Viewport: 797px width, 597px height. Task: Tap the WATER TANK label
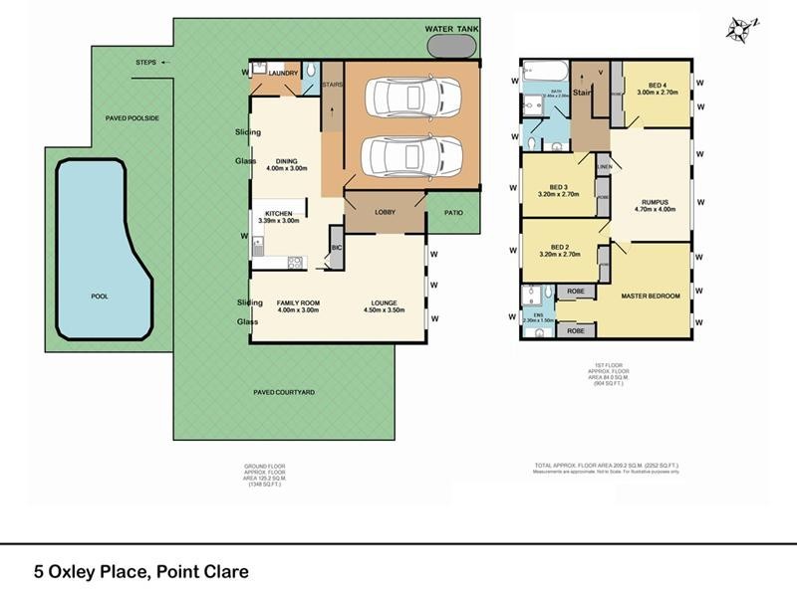(453, 30)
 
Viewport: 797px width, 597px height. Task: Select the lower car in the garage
(399, 155)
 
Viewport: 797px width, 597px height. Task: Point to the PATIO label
(452, 212)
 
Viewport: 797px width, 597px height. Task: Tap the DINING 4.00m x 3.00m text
(287, 164)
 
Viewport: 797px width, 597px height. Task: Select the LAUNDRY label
(283, 73)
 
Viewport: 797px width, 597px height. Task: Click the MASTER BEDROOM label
(651, 296)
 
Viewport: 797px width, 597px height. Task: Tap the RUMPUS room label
(655, 204)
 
